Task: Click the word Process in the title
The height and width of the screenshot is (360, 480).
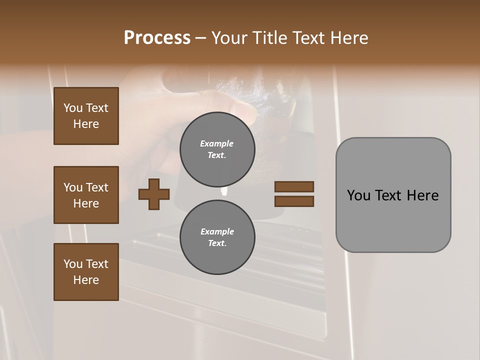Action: [157, 38]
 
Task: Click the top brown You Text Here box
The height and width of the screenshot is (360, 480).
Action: [86, 116]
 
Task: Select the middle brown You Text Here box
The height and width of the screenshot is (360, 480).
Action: [86, 195]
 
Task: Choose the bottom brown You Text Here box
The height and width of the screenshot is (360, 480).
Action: [86, 272]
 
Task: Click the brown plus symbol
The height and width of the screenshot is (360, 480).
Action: [154, 194]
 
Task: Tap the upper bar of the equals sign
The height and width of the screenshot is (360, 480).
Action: [294, 186]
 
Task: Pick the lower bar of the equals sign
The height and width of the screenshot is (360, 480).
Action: [294, 201]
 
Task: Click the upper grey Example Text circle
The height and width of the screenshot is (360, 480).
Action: [217, 149]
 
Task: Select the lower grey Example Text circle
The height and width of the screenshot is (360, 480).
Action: [217, 237]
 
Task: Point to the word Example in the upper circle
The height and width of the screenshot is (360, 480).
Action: [217, 143]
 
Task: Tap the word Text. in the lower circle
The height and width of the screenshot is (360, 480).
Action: [217, 243]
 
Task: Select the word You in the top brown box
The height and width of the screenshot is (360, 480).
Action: [73, 108]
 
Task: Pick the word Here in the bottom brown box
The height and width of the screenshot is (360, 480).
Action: [86, 280]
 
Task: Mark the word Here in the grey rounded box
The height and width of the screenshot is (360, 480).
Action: [422, 195]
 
